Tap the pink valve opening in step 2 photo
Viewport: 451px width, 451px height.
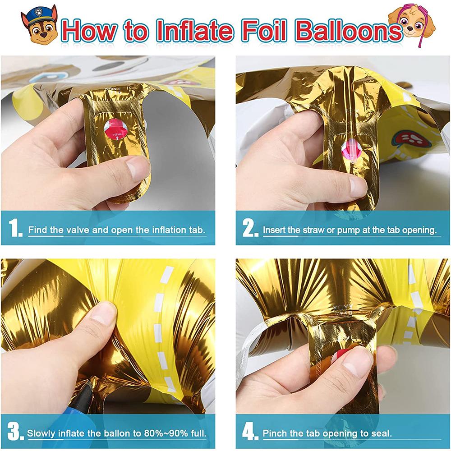click(352, 148)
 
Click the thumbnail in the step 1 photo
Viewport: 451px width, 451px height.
click(136, 170)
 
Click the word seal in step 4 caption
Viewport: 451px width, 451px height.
click(381, 434)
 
